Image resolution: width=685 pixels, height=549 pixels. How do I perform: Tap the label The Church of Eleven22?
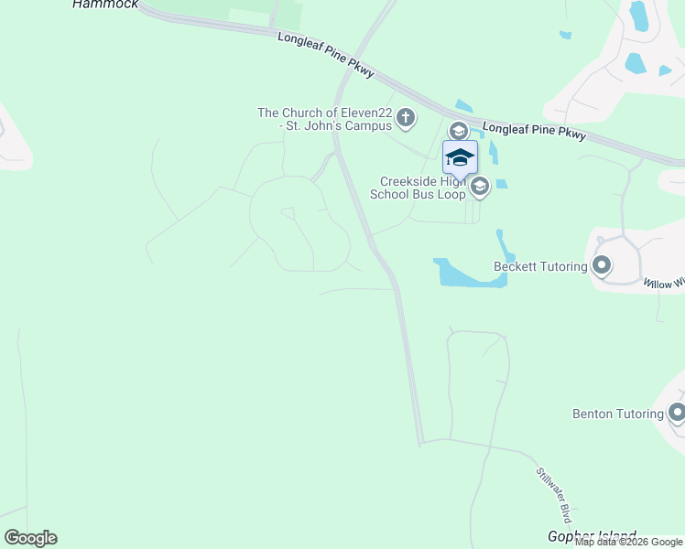(x=325, y=119)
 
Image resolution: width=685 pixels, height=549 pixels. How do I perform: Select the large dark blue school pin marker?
(x=460, y=157)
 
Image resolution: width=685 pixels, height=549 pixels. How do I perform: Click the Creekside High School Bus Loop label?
(x=418, y=188)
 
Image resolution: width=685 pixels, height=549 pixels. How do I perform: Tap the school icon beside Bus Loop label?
(x=479, y=188)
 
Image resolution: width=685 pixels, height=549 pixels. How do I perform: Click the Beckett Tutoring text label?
(x=540, y=266)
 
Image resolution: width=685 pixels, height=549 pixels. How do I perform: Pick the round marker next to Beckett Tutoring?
(x=601, y=266)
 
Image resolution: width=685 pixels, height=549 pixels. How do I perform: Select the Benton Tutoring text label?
(x=617, y=414)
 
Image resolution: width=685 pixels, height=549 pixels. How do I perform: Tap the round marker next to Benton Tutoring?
(x=677, y=413)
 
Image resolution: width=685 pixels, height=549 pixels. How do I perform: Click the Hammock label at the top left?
(x=105, y=5)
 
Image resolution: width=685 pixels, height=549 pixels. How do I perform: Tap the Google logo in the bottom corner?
(x=30, y=538)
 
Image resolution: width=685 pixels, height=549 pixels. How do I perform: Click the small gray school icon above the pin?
(x=458, y=131)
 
